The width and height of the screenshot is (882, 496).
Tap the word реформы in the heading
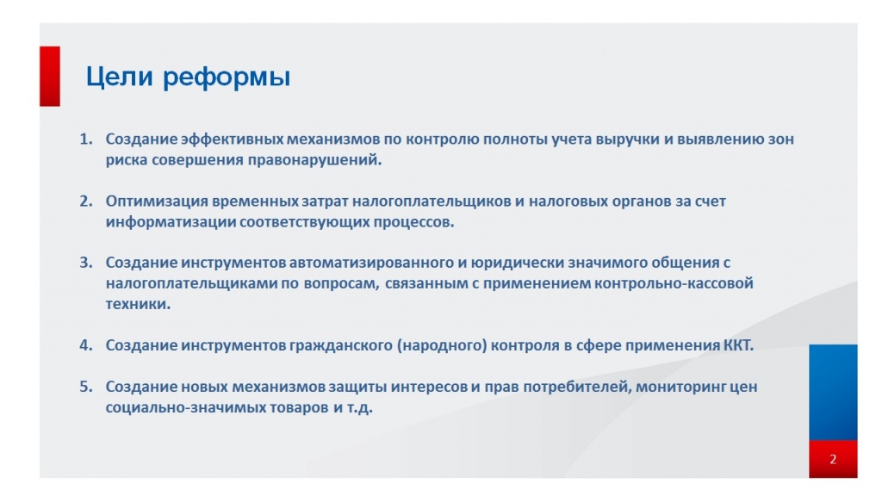(227, 78)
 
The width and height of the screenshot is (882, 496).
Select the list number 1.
(85, 139)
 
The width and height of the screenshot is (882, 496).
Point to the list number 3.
(85, 262)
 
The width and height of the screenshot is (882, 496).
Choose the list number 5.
(85, 387)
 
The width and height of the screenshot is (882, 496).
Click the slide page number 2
(833, 459)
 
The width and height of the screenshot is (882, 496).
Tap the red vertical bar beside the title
(50, 76)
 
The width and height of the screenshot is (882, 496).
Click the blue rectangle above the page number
(833, 392)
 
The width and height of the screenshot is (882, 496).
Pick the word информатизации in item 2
(159, 221)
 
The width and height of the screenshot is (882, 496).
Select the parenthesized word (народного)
(442, 345)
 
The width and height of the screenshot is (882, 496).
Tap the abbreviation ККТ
(737, 345)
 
